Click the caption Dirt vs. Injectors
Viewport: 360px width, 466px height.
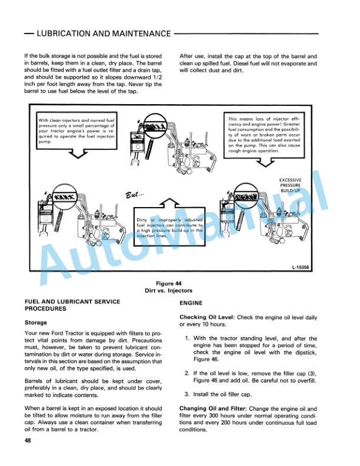point(180,290)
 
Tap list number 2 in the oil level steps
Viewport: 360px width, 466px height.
point(187,373)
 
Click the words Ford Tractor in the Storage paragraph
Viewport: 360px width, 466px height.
point(73,334)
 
